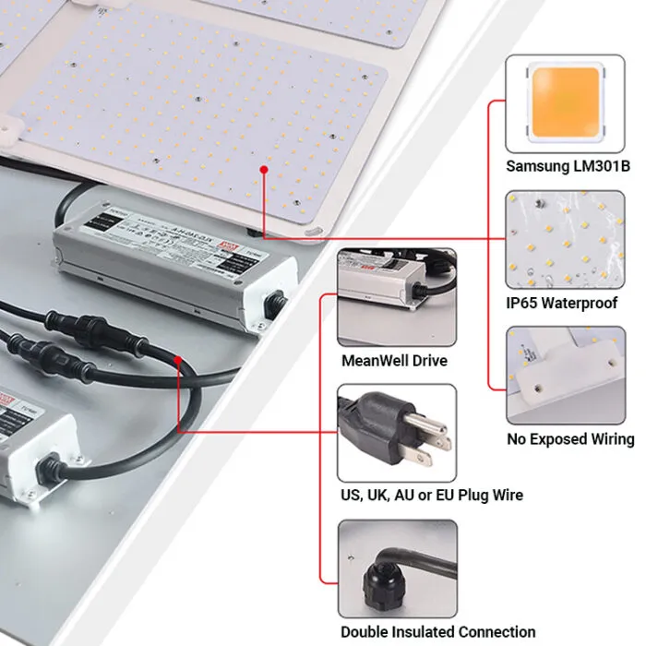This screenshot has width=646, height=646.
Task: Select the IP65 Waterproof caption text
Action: tap(561, 303)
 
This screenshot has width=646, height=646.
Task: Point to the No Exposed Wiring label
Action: tap(570, 439)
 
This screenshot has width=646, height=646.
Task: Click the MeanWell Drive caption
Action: tap(394, 361)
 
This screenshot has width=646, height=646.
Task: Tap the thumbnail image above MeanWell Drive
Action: tap(396, 296)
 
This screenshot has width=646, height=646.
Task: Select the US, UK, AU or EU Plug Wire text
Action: tap(431, 496)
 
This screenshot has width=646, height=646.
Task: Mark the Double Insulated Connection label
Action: tap(437, 632)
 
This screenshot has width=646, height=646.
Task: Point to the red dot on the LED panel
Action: tap(264, 171)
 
